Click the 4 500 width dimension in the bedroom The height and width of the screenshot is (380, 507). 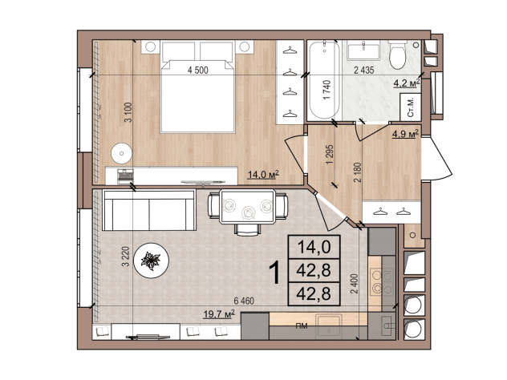pos(198,70)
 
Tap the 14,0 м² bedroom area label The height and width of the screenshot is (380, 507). pos(263,175)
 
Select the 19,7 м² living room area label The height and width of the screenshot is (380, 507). pos(219,313)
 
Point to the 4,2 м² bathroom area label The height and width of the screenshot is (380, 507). pos(407,83)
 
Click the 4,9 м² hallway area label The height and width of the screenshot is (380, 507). pos(405,133)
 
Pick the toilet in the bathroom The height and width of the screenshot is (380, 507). pos(397,55)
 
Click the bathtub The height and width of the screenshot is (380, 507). pos(325,80)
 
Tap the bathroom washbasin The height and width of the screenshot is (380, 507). pos(363,51)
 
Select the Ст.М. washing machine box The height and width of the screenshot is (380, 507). pos(411,107)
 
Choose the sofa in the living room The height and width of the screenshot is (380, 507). pos(149,210)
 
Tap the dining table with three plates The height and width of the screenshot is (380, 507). pos(248,207)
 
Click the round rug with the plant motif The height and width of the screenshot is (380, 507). pos(152,260)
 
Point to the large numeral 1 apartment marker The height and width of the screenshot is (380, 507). pos(275,273)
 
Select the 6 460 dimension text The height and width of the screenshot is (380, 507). pos(244,301)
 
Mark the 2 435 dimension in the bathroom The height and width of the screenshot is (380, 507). pos(363,70)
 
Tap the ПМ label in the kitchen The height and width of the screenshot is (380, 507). pos(302,326)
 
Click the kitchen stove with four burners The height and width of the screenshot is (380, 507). pos(382,281)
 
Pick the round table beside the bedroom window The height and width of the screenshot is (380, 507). pos(122,153)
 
